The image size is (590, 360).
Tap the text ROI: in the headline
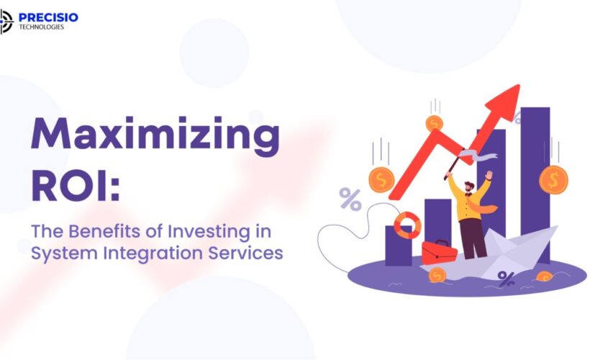point(76,186)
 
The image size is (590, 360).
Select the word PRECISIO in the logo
point(50,17)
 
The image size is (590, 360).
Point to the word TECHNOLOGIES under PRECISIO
point(42,27)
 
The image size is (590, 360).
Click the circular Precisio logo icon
point(6,21)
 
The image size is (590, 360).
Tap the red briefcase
point(439,252)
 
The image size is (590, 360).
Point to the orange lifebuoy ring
point(407,225)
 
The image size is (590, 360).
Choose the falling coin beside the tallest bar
point(553,179)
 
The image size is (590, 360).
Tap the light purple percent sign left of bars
point(350,199)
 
